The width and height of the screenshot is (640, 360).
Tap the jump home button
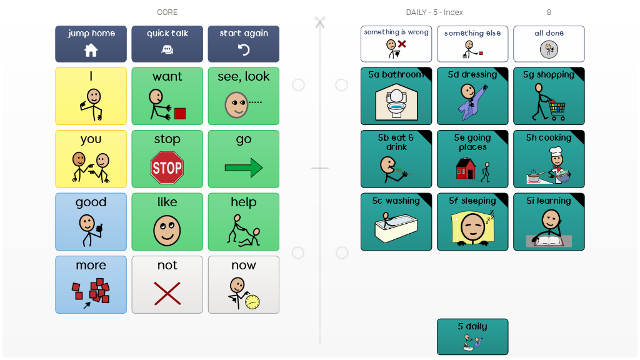click(x=91, y=44)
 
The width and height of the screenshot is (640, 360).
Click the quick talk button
click(x=167, y=44)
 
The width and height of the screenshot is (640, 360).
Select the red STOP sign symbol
click(x=167, y=167)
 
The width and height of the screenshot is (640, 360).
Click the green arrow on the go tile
click(x=243, y=167)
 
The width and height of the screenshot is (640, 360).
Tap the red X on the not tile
click(x=167, y=293)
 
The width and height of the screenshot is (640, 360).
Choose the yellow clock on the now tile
click(x=252, y=302)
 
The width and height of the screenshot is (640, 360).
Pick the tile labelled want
click(x=167, y=96)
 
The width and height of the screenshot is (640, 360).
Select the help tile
click(x=243, y=222)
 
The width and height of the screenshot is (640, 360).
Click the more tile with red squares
click(x=91, y=284)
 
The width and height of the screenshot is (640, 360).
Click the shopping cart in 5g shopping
click(x=556, y=110)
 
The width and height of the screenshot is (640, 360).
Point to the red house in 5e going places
click(x=466, y=169)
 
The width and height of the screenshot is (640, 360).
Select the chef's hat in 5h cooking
click(x=556, y=152)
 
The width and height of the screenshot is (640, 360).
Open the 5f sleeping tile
click(x=472, y=222)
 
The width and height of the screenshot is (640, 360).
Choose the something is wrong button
click(x=396, y=44)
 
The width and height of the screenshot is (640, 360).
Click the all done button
click(x=549, y=44)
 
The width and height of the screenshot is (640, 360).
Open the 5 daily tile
click(x=472, y=337)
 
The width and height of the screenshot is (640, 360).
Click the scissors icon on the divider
click(x=320, y=23)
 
